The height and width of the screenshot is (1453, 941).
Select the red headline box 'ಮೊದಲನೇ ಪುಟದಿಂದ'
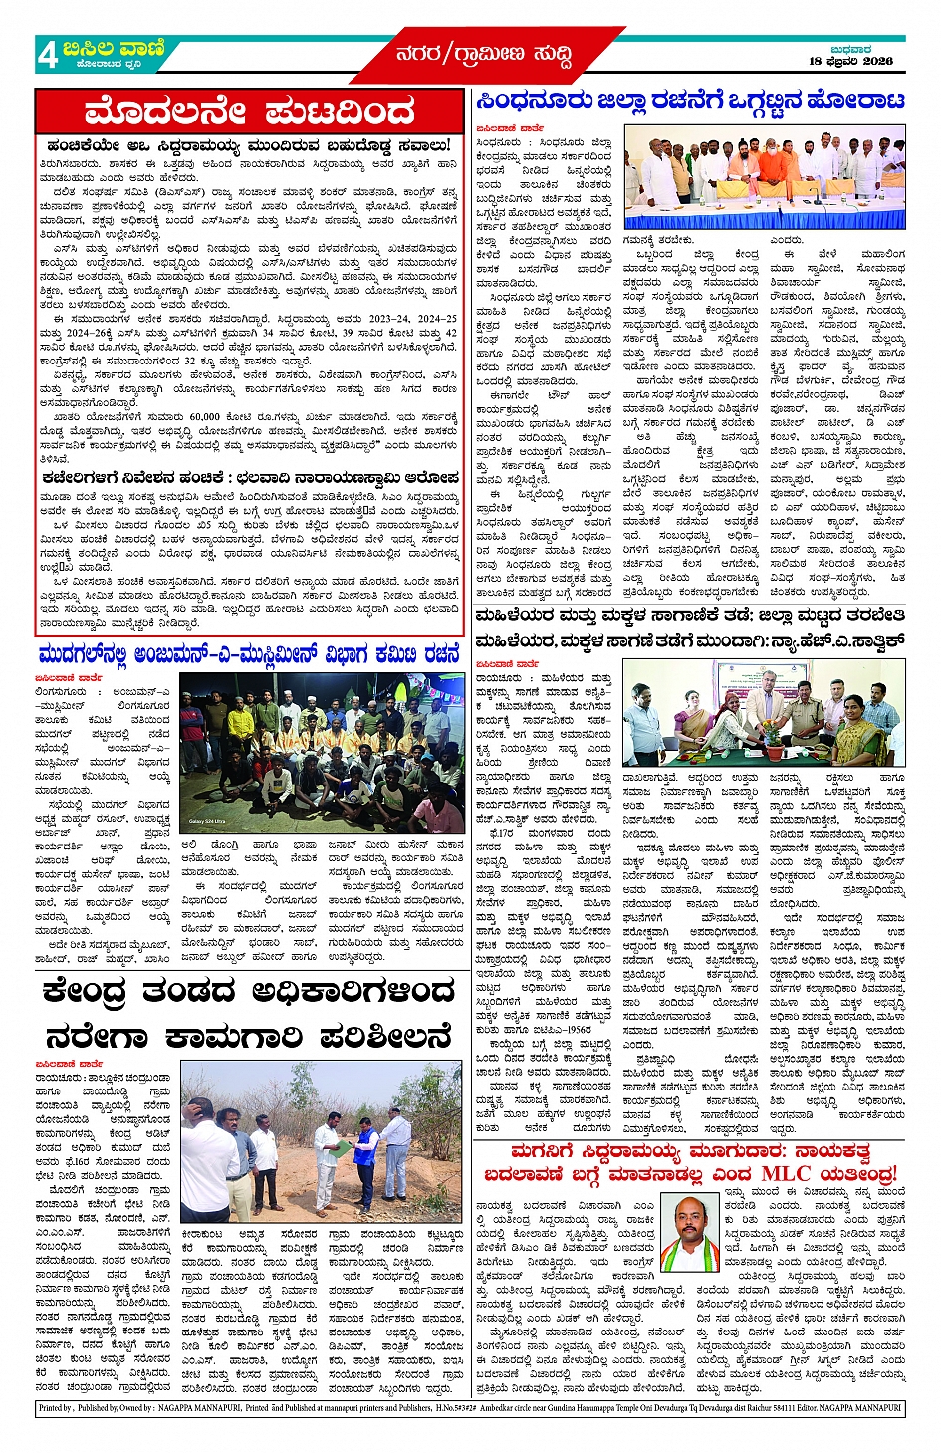[249, 112]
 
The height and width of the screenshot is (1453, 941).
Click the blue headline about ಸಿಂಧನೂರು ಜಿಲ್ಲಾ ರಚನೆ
[689, 102]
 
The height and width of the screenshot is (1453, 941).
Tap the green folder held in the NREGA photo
[342, 1147]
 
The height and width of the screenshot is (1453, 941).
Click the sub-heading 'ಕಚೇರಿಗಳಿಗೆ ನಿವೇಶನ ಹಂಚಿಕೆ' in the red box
[249, 479]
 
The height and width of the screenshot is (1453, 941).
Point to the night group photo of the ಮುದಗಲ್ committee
[321, 753]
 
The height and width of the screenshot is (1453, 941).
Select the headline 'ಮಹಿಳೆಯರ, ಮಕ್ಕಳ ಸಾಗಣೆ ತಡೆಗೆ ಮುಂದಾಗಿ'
[689, 641]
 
